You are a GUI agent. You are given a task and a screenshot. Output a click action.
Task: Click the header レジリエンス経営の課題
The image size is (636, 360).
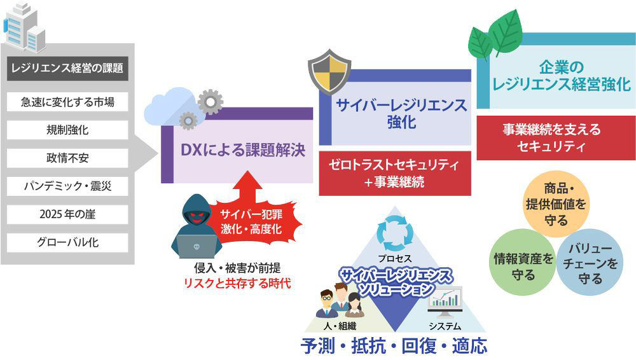tap(67, 68)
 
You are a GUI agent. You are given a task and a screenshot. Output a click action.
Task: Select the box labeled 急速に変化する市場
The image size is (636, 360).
tap(67, 102)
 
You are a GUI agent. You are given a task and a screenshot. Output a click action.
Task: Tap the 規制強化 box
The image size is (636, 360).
tap(67, 130)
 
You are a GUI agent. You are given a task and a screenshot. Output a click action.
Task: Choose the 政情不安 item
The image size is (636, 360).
tap(67, 158)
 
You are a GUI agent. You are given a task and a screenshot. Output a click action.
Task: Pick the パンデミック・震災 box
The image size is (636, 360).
tap(67, 186)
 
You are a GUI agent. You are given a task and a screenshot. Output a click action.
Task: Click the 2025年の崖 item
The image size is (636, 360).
tap(67, 214)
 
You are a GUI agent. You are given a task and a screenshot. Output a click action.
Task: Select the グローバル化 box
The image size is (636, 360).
tap(67, 242)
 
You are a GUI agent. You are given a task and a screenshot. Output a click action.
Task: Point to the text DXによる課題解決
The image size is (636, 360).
tap(242, 150)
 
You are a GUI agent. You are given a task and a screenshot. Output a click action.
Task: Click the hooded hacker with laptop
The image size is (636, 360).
tap(197, 226)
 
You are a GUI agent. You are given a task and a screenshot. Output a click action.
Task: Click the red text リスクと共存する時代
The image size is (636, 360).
tap(237, 283)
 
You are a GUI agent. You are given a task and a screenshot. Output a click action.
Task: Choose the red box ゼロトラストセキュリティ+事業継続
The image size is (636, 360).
tap(395, 173)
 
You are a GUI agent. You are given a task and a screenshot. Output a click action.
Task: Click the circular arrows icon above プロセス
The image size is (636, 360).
tap(395, 233)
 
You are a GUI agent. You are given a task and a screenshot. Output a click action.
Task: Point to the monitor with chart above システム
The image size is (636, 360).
tap(445, 301)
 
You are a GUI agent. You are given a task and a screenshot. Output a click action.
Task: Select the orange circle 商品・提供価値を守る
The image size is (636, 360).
tap(556, 204)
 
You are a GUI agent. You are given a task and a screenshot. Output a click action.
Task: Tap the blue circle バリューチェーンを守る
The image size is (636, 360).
tap(590, 263)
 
